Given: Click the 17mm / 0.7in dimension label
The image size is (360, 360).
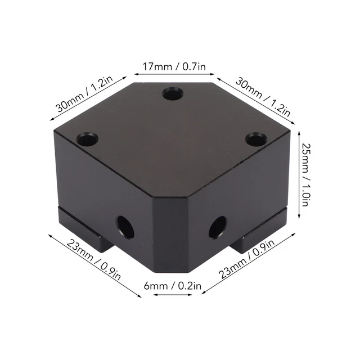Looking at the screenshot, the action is pos(174,66).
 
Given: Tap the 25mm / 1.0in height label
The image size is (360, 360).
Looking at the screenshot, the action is pos(305,175).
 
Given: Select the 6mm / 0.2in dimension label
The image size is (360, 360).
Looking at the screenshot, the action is pos(173,286).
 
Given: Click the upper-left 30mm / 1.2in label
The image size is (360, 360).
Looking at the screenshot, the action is pos(85,94).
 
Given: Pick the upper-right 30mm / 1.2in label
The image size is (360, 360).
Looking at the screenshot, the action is pos(263,97).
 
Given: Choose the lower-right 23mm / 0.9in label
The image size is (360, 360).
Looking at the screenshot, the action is pos(246,259).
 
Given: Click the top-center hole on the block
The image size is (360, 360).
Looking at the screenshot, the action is pos(173,94).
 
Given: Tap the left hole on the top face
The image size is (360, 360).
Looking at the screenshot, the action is pos(88,139).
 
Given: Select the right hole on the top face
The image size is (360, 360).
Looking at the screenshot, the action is pos(256,139).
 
